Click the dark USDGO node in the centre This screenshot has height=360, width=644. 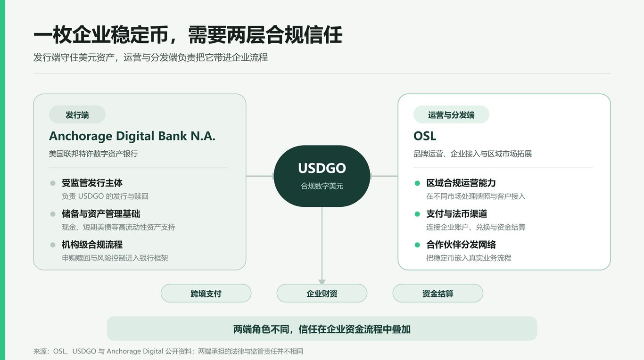(322, 176)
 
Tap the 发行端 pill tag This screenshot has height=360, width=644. (77, 115)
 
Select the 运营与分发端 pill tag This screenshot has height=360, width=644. (451, 115)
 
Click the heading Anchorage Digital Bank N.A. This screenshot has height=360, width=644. (132, 136)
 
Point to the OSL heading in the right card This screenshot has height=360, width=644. (425, 136)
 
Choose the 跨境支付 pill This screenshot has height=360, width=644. (206, 294)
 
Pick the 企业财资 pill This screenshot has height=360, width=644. (322, 294)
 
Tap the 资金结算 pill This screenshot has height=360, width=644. (438, 294)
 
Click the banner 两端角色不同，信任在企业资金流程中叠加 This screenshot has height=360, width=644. (322, 329)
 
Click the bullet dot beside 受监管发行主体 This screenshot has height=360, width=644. (53, 183)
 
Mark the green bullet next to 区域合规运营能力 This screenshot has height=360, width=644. (417, 183)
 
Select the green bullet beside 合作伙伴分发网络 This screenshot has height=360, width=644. (417, 245)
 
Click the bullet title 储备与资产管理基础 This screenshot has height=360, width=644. (101, 214)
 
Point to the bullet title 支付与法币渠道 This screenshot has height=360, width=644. (456, 214)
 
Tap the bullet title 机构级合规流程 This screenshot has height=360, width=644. (92, 245)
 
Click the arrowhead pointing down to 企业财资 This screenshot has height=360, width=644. (322, 282)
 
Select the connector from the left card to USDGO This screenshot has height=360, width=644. (260, 176)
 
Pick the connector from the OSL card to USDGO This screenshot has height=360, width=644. (384, 176)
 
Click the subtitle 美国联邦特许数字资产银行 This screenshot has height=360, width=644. (93, 154)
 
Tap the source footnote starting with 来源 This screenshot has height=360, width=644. (168, 351)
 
